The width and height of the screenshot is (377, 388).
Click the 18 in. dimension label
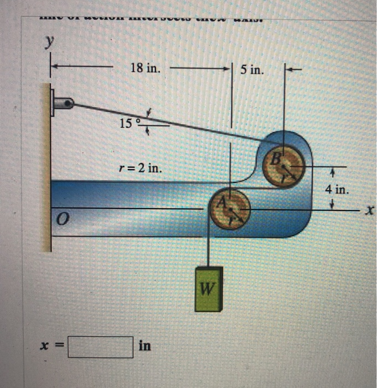pyautogui.click(x=146, y=69)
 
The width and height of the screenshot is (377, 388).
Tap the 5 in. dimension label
pyautogui.click(x=252, y=70)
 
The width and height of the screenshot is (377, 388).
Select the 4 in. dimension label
pyautogui.click(x=337, y=190)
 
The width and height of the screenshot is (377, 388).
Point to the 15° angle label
pyautogui.click(x=129, y=122)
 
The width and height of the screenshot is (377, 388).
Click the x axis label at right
pyautogui.click(x=370, y=210)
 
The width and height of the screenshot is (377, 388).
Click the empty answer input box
pyautogui.click(x=101, y=347)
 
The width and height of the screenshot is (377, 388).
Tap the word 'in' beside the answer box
pyautogui.click(x=145, y=346)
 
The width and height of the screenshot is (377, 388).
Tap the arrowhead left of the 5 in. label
pyautogui.click(x=226, y=70)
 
